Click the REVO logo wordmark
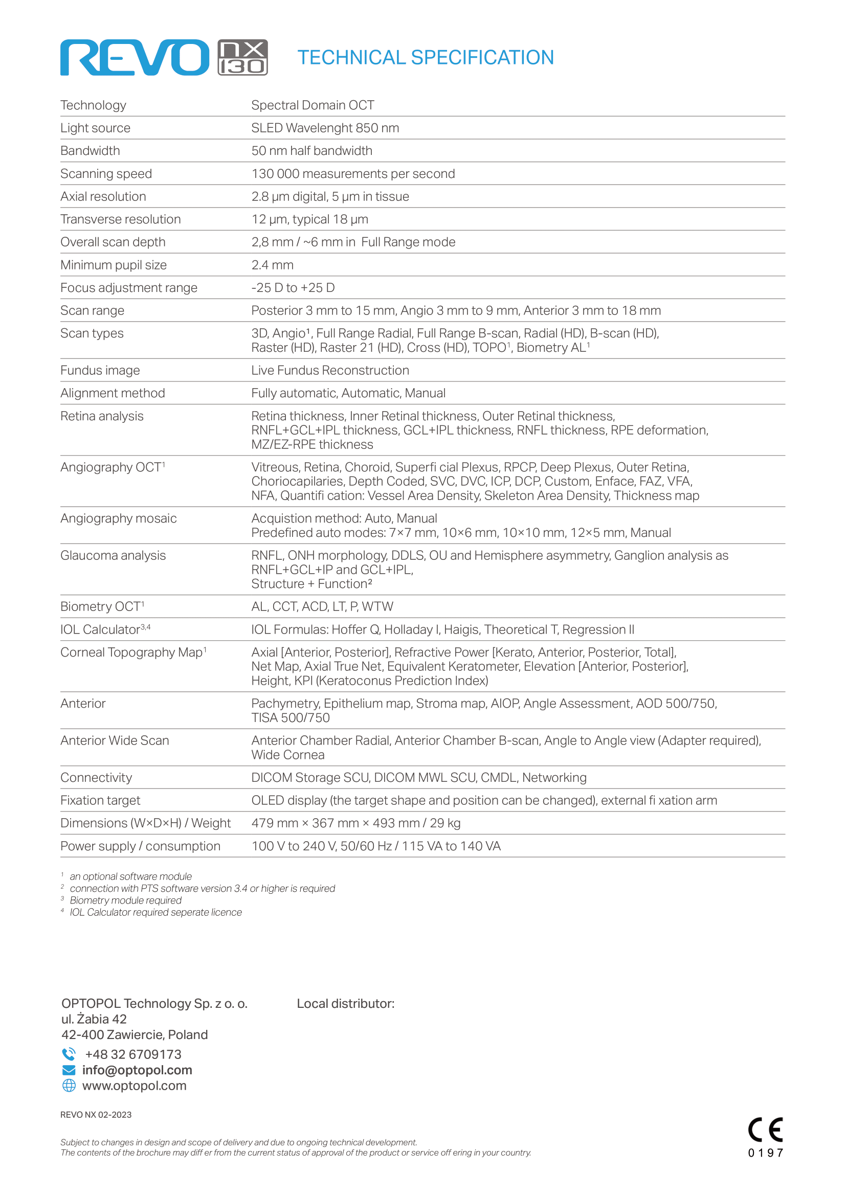pyautogui.click(x=135, y=58)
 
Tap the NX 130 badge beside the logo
pyautogui.click(x=243, y=57)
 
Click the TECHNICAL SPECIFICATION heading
pyautogui.click(x=425, y=57)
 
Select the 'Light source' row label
pyautogui.click(x=95, y=128)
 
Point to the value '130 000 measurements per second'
pyautogui.click(x=353, y=174)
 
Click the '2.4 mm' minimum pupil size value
pyautogui.click(x=272, y=265)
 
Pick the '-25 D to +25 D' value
pyautogui.click(x=293, y=288)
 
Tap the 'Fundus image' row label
pyautogui.click(x=100, y=370)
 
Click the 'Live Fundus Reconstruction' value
pyautogui.click(x=330, y=370)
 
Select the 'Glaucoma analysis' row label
pyautogui.click(x=113, y=556)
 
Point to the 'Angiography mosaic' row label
pyautogui.click(x=118, y=519)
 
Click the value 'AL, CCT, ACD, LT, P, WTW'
pyautogui.click(x=322, y=607)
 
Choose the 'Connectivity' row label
pyautogui.click(x=96, y=778)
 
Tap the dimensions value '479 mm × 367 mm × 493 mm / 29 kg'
pyautogui.click(x=356, y=824)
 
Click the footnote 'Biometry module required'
pyautogui.click(x=125, y=900)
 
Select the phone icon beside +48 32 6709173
pyautogui.click(x=69, y=1054)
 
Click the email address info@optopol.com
pyautogui.click(x=137, y=1070)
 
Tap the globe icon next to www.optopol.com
pyautogui.click(x=69, y=1086)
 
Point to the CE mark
pyautogui.click(x=765, y=1130)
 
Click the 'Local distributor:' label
pyautogui.click(x=345, y=1004)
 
